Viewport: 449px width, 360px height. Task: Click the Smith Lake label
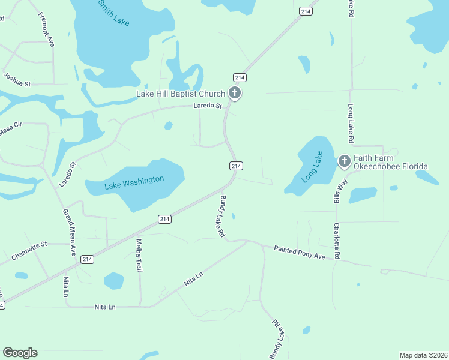[x=114, y=12]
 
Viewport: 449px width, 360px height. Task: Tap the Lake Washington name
[x=134, y=182]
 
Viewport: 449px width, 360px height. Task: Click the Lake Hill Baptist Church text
[x=180, y=94]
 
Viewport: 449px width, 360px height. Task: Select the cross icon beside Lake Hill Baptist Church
[x=235, y=93]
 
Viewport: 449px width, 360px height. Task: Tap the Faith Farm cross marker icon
[x=344, y=160]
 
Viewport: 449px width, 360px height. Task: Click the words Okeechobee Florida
[x=390, y=166]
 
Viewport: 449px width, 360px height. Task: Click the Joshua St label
[x=17, y=80]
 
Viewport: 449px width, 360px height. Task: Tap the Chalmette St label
[x=29, y=251]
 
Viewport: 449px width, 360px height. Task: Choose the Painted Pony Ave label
[x=299, y=252]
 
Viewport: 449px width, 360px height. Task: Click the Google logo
[x=20, y=353]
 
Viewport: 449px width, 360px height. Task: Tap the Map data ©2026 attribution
[x=423, y=355]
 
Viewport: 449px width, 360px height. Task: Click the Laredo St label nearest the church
[x=208, y=106]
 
